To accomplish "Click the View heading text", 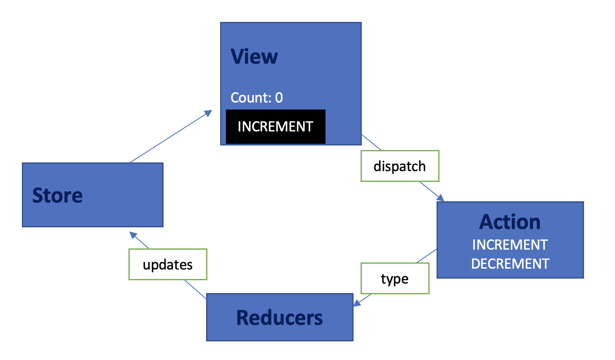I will click(254, 57).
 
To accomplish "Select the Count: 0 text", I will click(256, 98).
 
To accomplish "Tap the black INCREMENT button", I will click(275, 126).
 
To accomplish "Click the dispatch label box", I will click(400, 166).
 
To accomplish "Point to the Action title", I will click(510, 222).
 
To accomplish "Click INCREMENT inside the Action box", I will click(510, 245).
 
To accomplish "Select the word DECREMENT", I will click(510, 264).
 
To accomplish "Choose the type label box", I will click(395, 279).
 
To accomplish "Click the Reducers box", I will click(280, 317).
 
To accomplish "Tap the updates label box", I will click(168, 265).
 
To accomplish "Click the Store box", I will click(93, 195).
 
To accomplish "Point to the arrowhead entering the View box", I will click(209, 113).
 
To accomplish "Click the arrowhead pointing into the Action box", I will click(440, 198).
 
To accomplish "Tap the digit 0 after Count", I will click(279, 98).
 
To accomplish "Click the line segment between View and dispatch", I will click(371, 142).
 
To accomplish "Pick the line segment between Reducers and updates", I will click(195, 289).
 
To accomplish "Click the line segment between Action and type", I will click(427, 256).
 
